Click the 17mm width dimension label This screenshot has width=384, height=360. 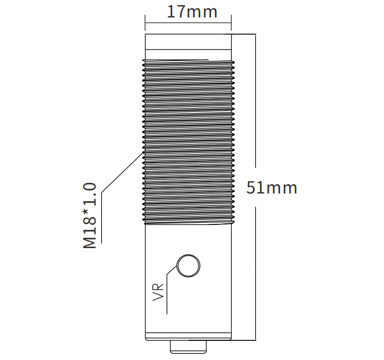pyautogui.click(x=192, y=11)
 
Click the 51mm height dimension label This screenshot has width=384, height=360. pyautogui.click(x=272, y=188)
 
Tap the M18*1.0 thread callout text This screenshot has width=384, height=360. pyautogui.click(x=89, y=215)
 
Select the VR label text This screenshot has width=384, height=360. pyautogui.click(x=158, y=292)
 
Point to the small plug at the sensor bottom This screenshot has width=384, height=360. pyautogui.click(x=188, y=346)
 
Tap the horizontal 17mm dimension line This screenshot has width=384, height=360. pyautogui.click(x=188, y=23)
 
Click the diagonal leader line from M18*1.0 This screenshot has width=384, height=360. pyautogui.click(x=122, y=173)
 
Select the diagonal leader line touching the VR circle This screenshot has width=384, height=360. pyautogui.click(x=171, y=271)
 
